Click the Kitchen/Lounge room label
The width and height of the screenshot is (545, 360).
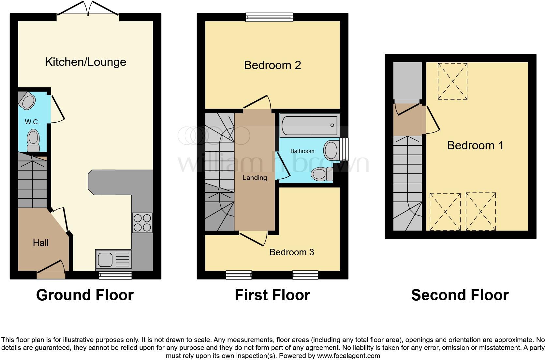85,62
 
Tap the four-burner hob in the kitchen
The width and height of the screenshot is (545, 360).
142,223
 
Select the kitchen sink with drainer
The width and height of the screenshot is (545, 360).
113,260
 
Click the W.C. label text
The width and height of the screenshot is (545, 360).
32,122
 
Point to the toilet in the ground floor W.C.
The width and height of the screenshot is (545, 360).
33,140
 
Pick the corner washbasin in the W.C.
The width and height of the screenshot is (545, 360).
27,100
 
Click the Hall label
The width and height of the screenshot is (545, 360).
41,243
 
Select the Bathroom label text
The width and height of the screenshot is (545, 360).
302,151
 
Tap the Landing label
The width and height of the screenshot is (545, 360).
255,178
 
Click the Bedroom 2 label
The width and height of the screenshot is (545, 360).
272,65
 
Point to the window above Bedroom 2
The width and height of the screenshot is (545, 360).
269,17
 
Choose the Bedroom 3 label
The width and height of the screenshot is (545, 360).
292,252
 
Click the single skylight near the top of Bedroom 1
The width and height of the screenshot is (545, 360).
452,81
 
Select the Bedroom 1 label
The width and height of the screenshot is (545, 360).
475,145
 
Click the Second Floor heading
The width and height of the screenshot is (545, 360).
460,295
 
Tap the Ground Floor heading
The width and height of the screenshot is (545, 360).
85,295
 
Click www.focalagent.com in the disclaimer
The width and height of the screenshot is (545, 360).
348,356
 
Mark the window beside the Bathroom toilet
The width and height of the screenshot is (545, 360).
344,149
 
